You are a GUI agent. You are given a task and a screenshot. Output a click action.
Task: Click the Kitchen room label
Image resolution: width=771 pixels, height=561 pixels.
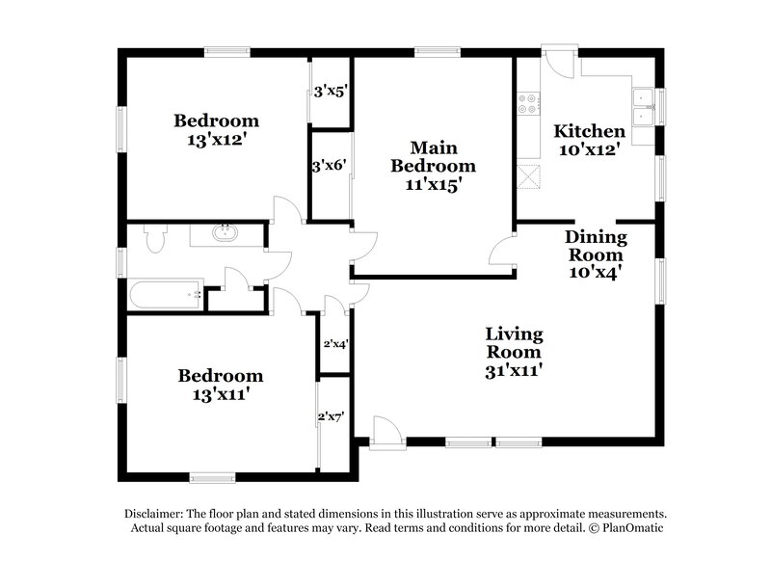(x=589, y=131)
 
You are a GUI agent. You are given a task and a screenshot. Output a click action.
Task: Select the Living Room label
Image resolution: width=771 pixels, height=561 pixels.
(x=514, y=343)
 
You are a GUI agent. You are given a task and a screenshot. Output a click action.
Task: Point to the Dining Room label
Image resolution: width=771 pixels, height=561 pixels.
(x=595, y=246)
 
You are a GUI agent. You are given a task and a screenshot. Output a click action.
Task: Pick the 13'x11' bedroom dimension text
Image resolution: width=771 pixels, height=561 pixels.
(x=218, y=393)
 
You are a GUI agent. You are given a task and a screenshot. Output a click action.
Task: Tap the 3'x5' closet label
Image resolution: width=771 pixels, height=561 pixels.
(x=330, y=93)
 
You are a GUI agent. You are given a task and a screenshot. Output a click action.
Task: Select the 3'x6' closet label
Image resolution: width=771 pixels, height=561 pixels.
(x=328, y=164)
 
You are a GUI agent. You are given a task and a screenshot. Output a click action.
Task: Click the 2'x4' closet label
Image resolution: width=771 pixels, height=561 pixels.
(x=333, y=342)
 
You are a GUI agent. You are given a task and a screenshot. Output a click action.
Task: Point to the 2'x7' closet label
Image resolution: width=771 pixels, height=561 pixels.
(x=331, y=417)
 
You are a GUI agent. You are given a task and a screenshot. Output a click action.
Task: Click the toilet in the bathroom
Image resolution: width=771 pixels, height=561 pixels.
(x=154, y=236)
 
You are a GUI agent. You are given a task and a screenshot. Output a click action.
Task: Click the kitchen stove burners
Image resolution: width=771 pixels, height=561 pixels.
(x=528, y=102)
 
